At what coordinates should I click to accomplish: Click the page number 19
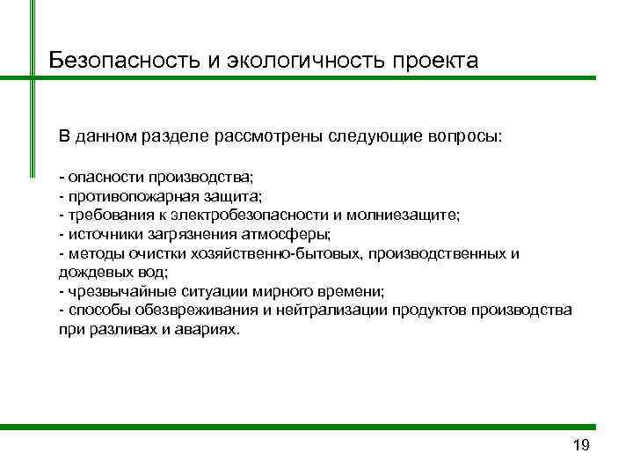click(580, 445)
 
